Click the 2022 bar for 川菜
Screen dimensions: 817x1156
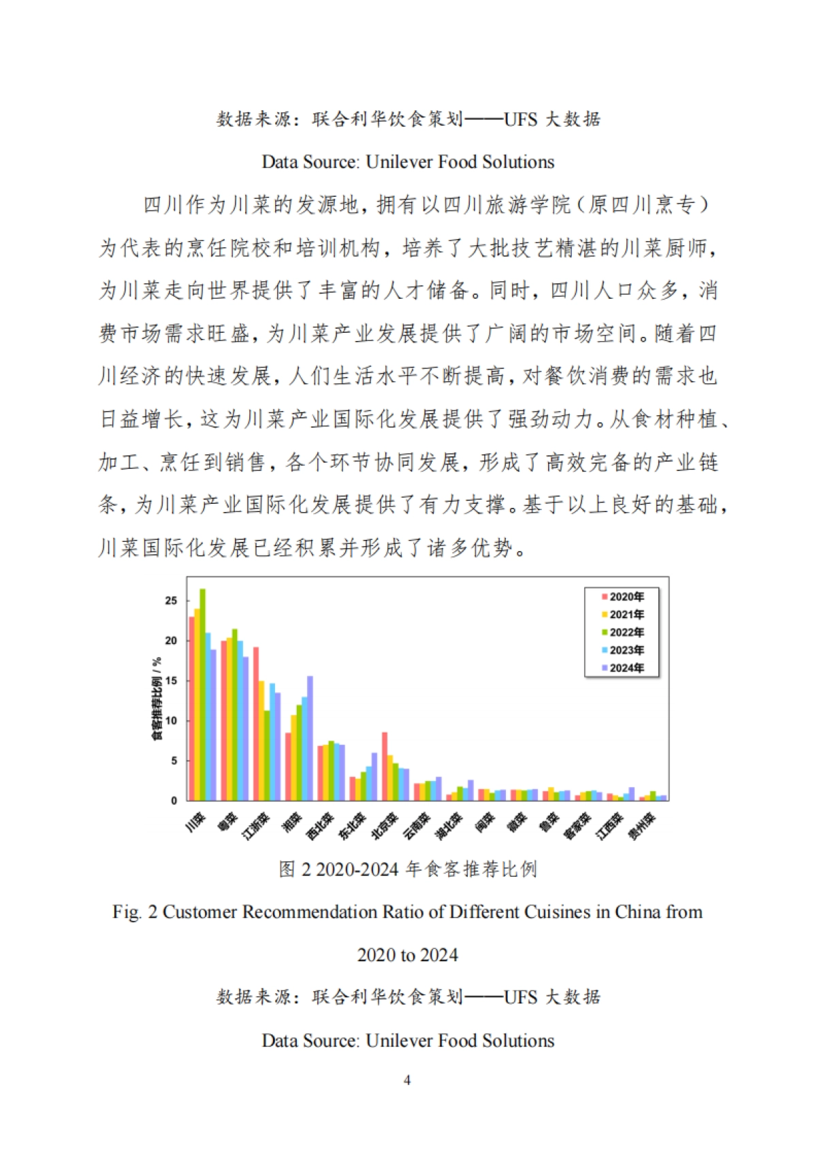point(202,694)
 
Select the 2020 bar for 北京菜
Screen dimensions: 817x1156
point(385,766)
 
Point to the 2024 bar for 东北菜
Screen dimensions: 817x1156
point(374,776)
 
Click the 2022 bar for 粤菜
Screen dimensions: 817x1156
point(235,715)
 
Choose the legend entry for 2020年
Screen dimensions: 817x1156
point(622,597)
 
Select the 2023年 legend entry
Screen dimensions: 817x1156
point(622,650)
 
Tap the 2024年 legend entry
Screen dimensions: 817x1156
point(622,668)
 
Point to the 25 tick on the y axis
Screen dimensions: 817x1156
point(171,600)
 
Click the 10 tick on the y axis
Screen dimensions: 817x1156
point(171,720)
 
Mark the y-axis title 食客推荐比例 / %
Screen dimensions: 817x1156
point(157,699)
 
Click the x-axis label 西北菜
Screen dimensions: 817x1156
point(320,826)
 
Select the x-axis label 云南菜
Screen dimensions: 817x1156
point(417,826)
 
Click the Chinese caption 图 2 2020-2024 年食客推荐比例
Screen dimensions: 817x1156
point(408,869)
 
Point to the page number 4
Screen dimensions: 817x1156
point(407,1080)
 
